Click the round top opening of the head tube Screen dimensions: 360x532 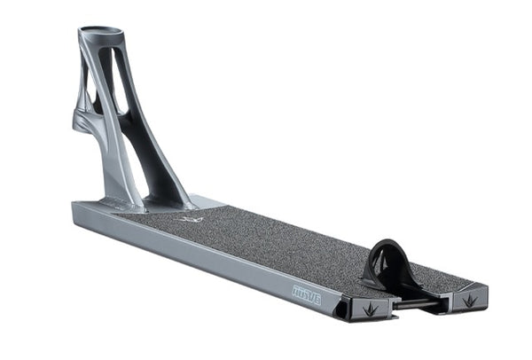pyautogui.click(x=99, y=33)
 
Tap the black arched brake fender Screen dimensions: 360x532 pyautogui.click(x=390, y=258)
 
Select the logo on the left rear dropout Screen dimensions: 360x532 pyautogui.click(x=370, y=309)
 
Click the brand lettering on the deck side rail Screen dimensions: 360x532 pyautogui.click(x=306, y=294)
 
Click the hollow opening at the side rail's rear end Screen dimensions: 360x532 pyautogui.click(x=341, y=308)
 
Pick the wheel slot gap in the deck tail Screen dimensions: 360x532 pyautogui.click(x=417, y=297)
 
